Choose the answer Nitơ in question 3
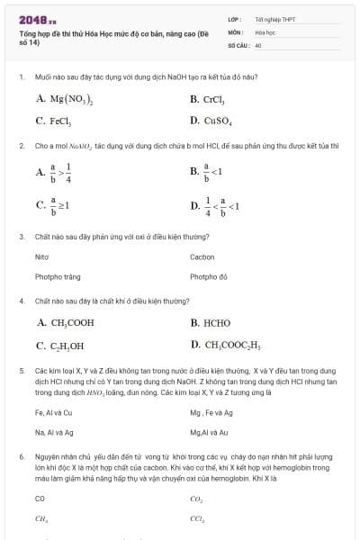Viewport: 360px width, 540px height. pos(41,256)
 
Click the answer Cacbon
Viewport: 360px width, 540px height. pos(202,256)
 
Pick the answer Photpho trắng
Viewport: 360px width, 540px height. pos(51,277)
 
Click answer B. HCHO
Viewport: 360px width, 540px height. pos(211,322)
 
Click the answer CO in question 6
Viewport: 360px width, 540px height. pos(40,498)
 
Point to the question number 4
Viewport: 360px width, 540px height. pos(21,301)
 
